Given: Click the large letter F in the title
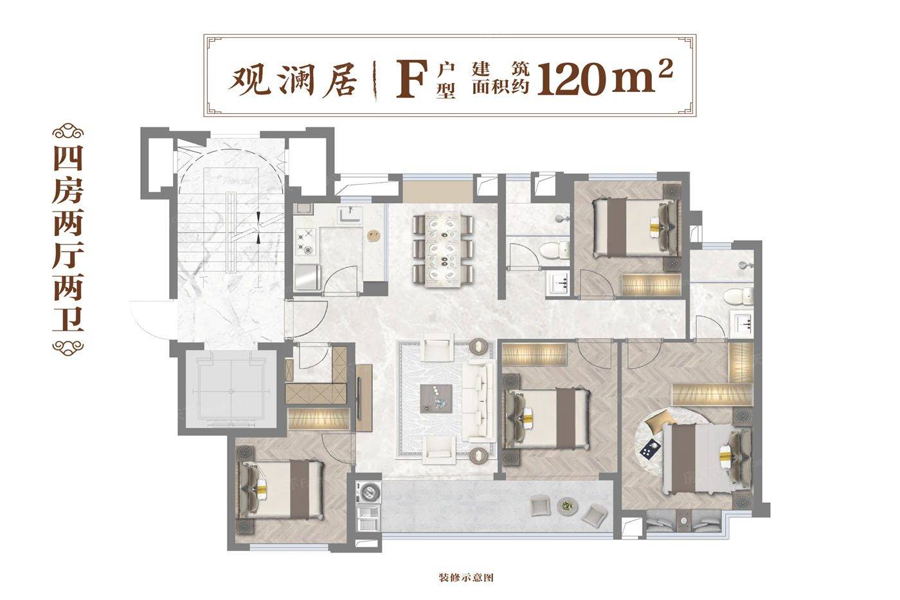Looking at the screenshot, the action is [411, 80].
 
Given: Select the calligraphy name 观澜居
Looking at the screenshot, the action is [292, 80].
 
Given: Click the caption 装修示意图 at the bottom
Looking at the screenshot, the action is [465, 578].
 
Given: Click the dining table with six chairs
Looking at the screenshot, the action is [443, 249].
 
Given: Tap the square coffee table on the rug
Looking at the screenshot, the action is [436, 399].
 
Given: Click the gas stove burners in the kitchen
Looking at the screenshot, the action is [306, 241].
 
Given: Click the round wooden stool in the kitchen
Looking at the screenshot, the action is [374, 235].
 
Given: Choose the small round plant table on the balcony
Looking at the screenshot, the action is [567, 505].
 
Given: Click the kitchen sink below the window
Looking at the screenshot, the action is [350, 215].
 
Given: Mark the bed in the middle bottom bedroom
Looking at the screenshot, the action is [547, 419].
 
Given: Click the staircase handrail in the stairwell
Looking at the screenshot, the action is [231, 232].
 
